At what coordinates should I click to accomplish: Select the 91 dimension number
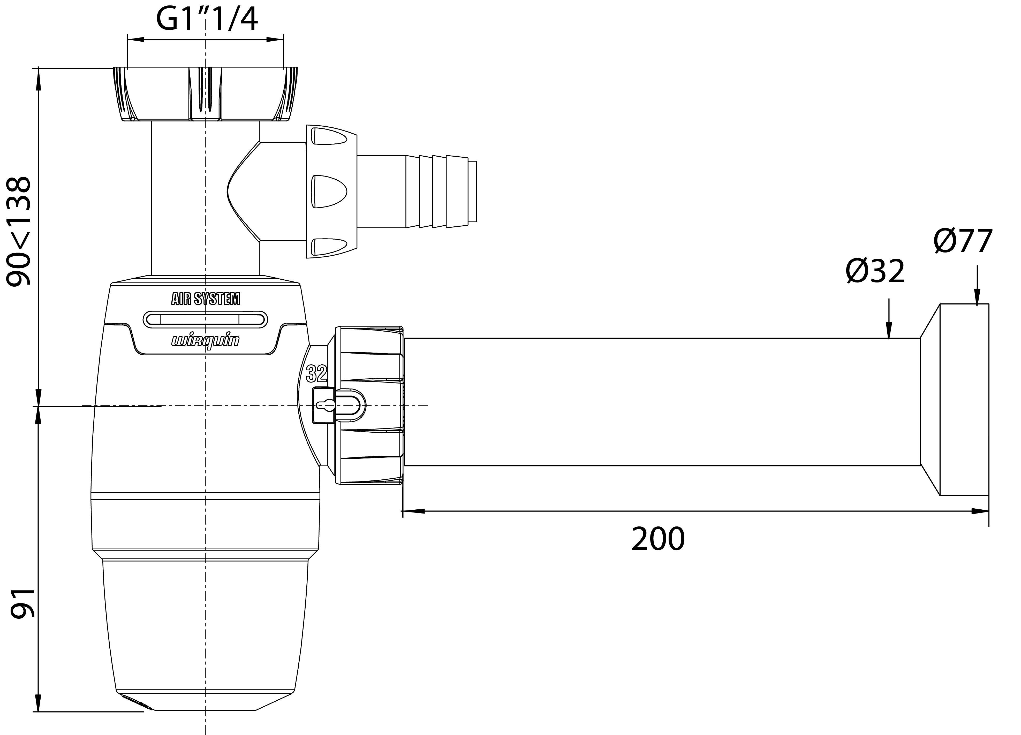pyautogui.click(x=22, y=603)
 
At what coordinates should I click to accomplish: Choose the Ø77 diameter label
pyautogui.click(x=963, y=241)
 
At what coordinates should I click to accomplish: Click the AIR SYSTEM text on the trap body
pyautogui.click(x=206, y=298)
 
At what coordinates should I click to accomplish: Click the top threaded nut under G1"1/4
pyautogui.click(x=205, y=94)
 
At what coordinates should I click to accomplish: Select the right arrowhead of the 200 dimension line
pyautogui.click(x=980, y=511)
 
